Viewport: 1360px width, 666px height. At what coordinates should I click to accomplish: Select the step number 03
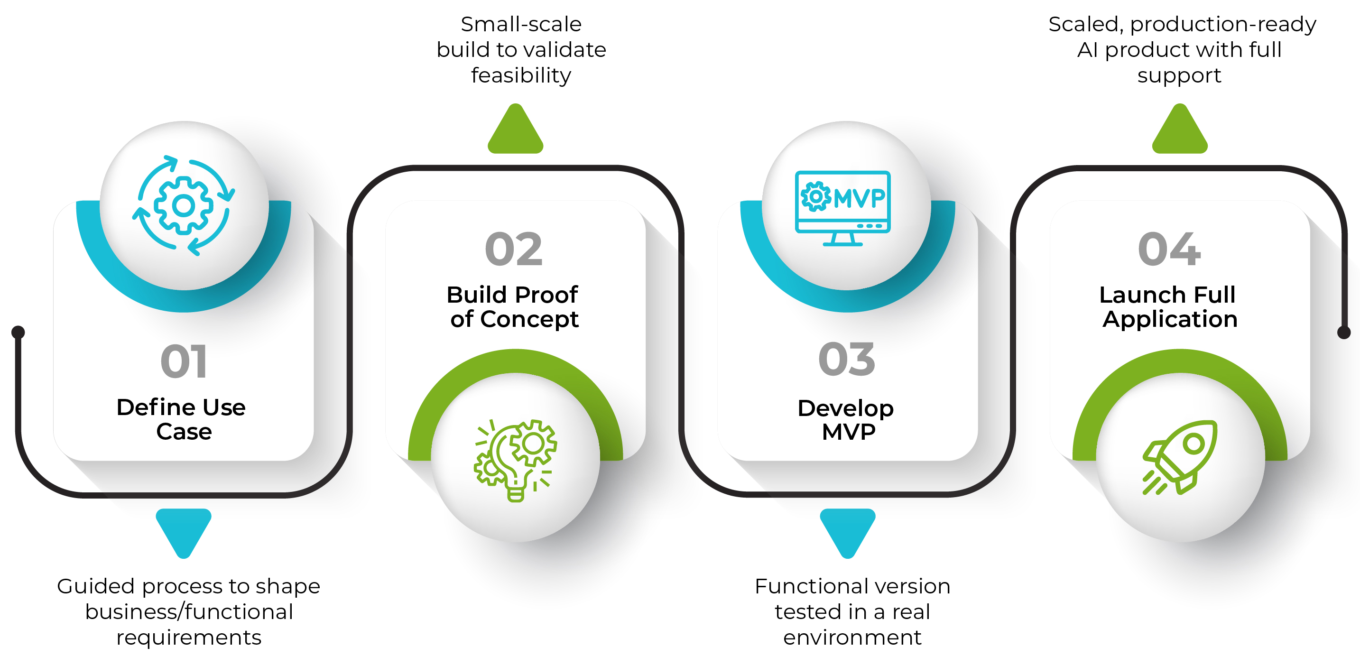point(846,359)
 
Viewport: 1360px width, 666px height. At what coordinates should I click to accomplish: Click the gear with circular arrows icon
point(184,205)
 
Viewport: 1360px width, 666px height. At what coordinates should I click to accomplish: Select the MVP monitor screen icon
point(842,208)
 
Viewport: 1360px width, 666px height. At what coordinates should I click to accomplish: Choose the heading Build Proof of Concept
point(513,307)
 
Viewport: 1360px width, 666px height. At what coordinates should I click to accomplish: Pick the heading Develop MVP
point(846,420)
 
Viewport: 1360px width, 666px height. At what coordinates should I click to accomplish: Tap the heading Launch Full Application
point(1169,307)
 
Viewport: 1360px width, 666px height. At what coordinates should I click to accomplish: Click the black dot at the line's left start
point(19,332)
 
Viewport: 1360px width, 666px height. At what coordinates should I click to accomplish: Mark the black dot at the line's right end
point(1343,332)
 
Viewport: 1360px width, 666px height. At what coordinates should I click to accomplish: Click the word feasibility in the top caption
point(520,75)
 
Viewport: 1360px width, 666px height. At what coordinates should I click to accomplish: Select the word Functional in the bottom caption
point(801,586)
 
